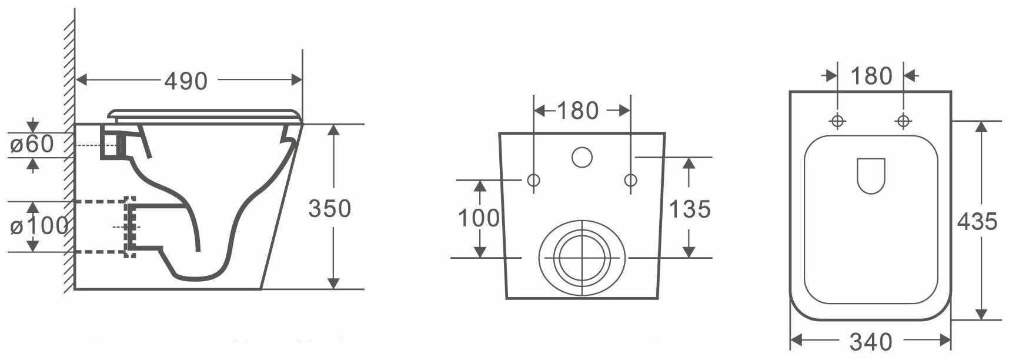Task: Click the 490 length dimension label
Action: [185, 81]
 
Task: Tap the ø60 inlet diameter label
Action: [32, 144]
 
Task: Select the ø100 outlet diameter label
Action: [38, 226]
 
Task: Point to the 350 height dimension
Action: [329, 208]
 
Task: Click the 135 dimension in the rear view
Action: [690, 208]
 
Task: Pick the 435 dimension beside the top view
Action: [977, 221]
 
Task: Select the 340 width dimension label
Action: [871, 341]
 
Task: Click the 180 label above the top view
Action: [871, 76]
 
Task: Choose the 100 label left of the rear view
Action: [479, 218]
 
